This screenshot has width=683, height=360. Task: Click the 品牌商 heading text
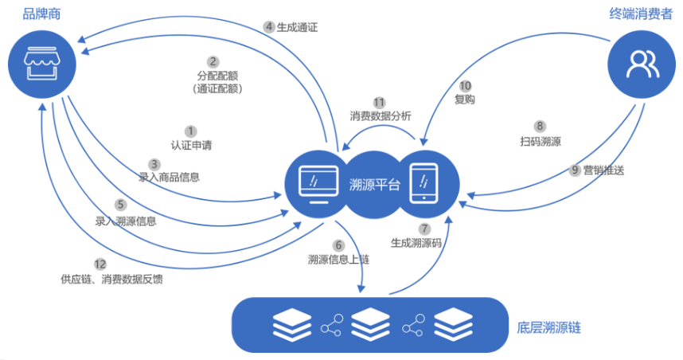click(26, 14)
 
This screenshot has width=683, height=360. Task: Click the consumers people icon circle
click(642, 64)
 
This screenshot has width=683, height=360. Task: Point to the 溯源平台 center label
click(373, 183)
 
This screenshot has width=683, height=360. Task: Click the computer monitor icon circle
click(317, 183)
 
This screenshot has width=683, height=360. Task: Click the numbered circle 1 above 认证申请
click(190, 131)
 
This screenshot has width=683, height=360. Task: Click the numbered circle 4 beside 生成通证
click(270, 26)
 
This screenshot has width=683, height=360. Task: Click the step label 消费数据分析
click(381, 115)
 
